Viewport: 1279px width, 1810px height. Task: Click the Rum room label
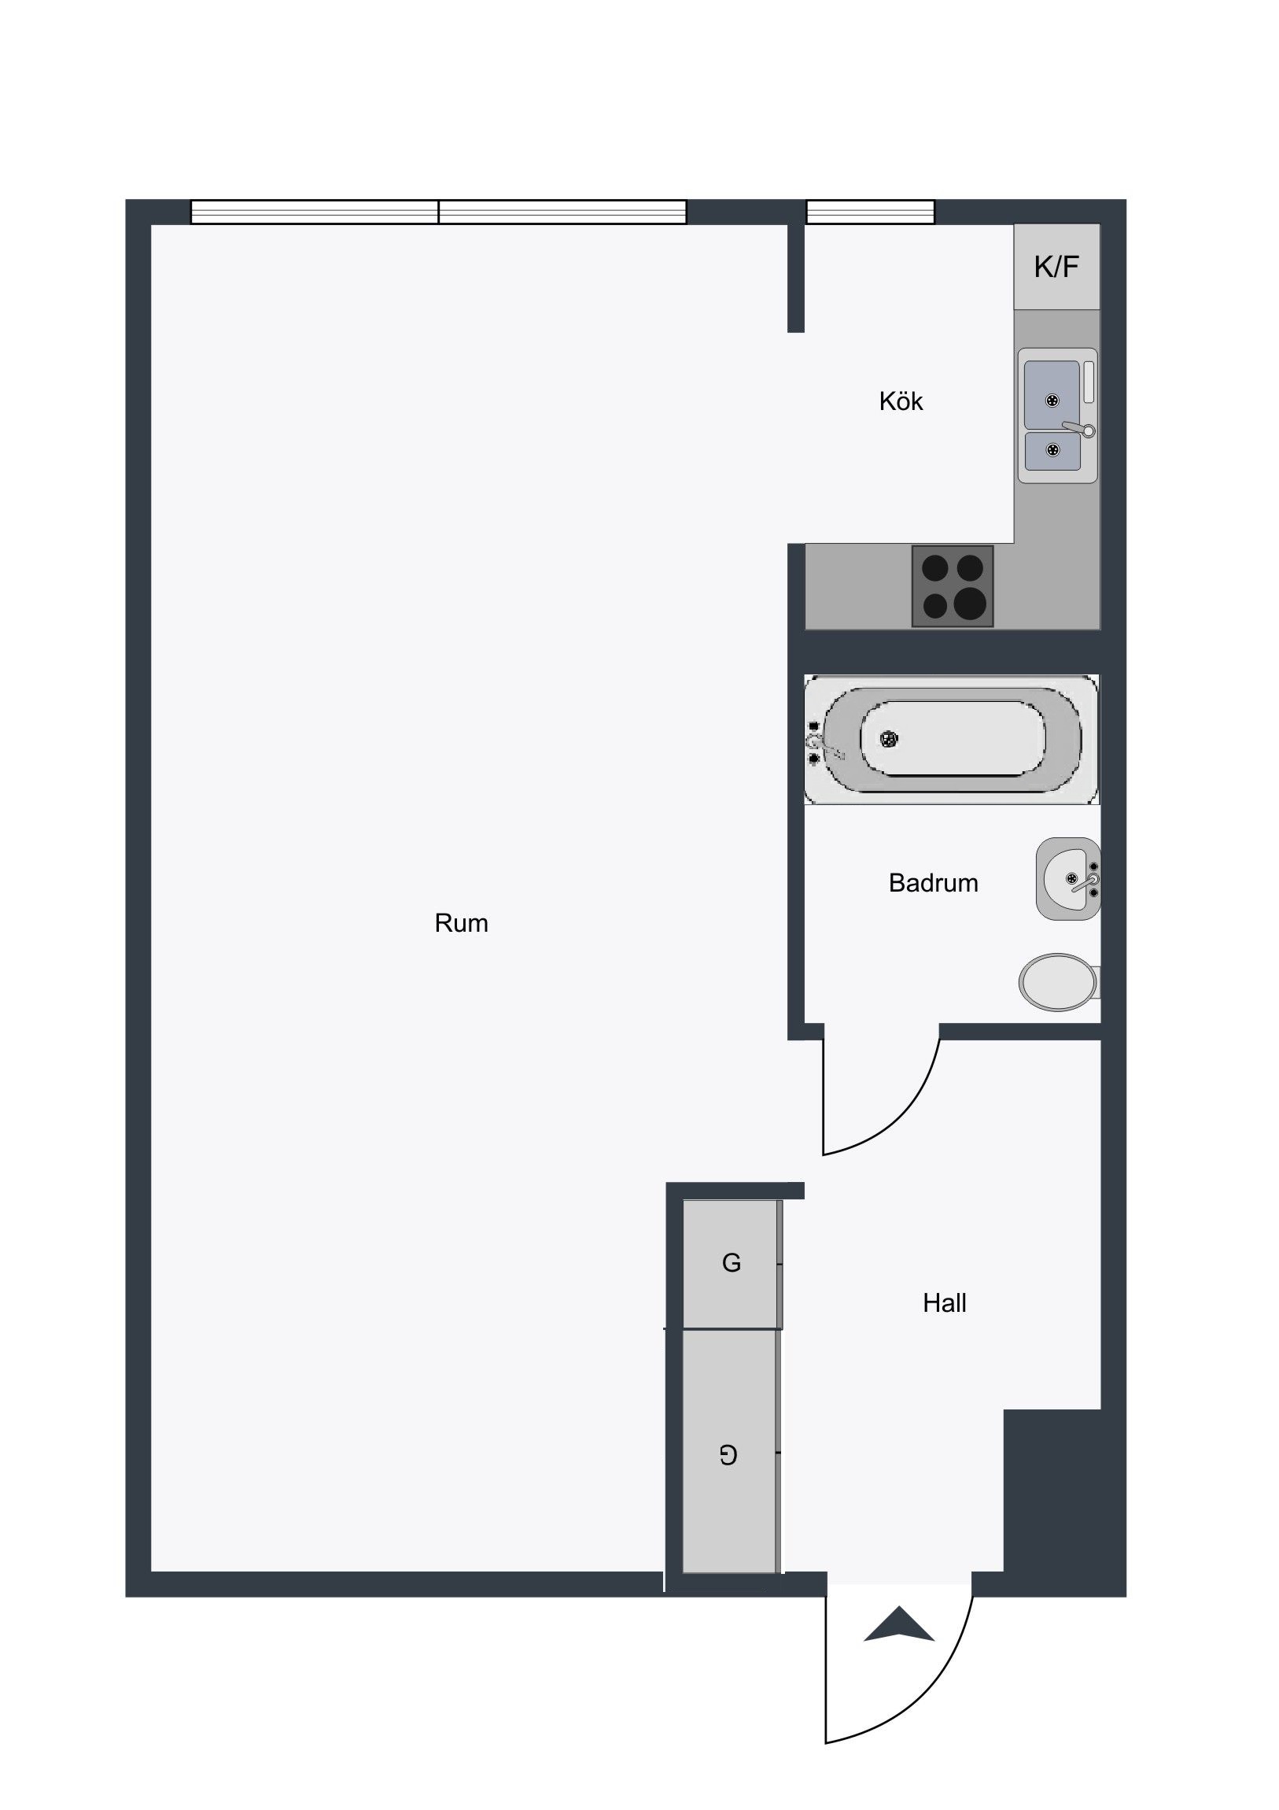pos(461,923)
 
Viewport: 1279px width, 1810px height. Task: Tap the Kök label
pos(901,401)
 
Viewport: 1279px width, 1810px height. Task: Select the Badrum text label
pos(933,883)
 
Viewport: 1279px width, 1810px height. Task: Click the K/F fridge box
pos(1056,267)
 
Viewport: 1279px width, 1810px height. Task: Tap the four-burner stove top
pos(952,586)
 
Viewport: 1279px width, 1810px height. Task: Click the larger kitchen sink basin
pos(1052,395)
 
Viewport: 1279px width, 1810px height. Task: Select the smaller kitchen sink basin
pos(1052,451)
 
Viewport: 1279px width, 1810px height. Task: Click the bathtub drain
pos(889,740)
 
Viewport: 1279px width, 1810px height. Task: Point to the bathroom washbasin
pos(1068,878)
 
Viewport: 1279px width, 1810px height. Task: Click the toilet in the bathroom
pos(1059,982)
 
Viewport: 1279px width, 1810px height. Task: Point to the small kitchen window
pos(870,212)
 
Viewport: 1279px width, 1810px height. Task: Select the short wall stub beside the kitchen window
pos(796,279)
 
